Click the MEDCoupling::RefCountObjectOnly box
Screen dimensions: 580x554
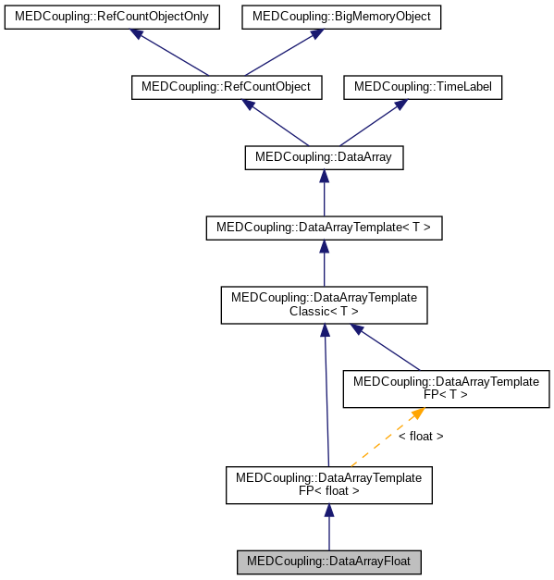click(112, 17)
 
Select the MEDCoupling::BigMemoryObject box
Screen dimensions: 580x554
click(341, 17)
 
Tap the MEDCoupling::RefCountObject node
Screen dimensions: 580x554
click(227, 87)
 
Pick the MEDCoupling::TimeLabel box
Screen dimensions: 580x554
click(423, 87)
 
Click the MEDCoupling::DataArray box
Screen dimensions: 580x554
click(324, 157)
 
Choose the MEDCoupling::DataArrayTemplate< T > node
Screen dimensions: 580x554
click(324, 227)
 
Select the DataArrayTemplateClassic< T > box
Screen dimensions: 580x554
click(324, 304)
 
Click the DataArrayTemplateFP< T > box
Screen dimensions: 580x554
click(447, 388)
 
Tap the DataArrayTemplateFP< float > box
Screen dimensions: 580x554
click(329, 485)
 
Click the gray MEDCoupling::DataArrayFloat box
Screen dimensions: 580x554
click(329, 561)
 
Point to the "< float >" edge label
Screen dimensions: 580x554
click(421, 436)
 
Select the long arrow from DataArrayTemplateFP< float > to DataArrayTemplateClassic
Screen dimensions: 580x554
click(326, 398)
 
